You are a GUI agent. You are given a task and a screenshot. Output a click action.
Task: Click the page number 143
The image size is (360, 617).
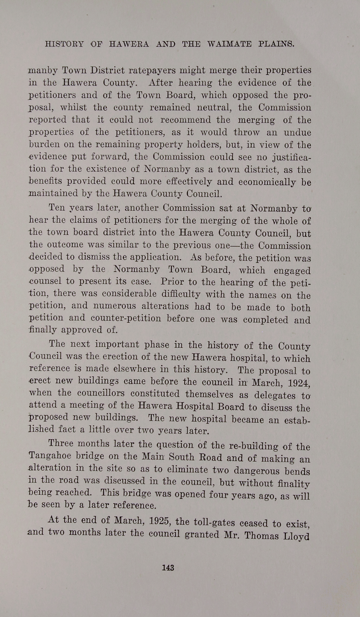(x=168, y=568)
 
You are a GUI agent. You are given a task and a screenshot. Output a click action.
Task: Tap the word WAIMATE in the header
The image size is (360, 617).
(x=229, y=44)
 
